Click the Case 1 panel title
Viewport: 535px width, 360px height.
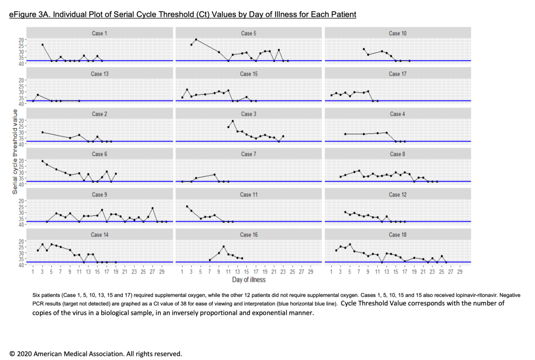(99, 33)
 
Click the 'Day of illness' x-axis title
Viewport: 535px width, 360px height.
(248, 280)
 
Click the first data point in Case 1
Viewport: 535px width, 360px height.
(42, 45)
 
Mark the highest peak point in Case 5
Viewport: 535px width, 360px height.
(196, 39)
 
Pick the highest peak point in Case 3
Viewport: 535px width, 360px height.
(233, 121)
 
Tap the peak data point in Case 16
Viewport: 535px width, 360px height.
(224, 247)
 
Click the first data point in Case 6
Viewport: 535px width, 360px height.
(42, 161)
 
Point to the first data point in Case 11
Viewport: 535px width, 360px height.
(187, 206)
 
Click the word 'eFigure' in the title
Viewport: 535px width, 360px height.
(23, 14)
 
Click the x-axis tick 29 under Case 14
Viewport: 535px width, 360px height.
(161, 272)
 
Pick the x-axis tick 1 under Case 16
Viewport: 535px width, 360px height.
(183, 272)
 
